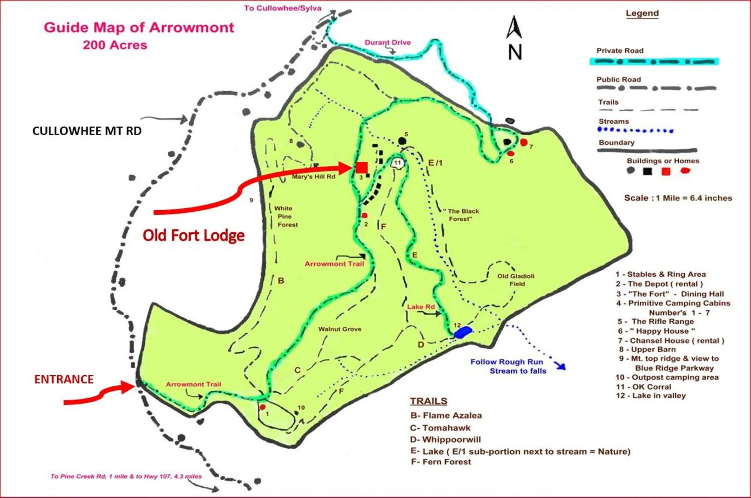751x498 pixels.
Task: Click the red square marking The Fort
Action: pos(361,167)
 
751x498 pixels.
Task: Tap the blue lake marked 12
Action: pos(463,332)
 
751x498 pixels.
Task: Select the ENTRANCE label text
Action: pos(64,379)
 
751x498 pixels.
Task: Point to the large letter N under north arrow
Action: pos(515,52)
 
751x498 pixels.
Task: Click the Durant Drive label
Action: pos(387,43)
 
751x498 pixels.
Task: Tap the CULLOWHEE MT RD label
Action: pos(87,131)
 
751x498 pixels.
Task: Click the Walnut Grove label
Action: pos(340,329)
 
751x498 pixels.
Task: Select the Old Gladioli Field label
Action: pos(516,280)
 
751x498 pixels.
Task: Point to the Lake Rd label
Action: pos(421,307)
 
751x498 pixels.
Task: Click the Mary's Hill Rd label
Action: pos(314,177)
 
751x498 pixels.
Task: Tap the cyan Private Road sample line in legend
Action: pos(654,62)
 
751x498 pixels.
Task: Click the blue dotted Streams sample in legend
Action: pos(635,130)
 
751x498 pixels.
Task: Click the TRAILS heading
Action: pos(429,401)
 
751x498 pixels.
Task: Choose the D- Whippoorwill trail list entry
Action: pos(445,439)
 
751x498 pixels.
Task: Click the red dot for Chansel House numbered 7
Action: pos(523,142)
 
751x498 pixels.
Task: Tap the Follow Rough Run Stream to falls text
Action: pos(508,366)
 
